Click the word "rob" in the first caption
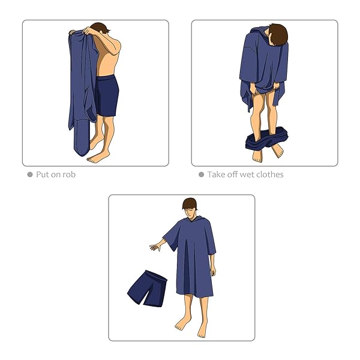click(x=69, y=175)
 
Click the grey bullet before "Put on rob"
click(x=30, y=175)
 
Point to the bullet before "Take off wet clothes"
click(x=201, y=175)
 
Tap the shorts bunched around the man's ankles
click(x=266, y=139)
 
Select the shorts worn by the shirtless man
click(x=107, y=95)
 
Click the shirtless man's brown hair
click(x=101, y=28)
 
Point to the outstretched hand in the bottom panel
click(x=155, y=247)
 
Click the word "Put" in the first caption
click(x=43, y=175)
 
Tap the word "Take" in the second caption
click(x=216, y=175)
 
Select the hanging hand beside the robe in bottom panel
click(x=213, y=271)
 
